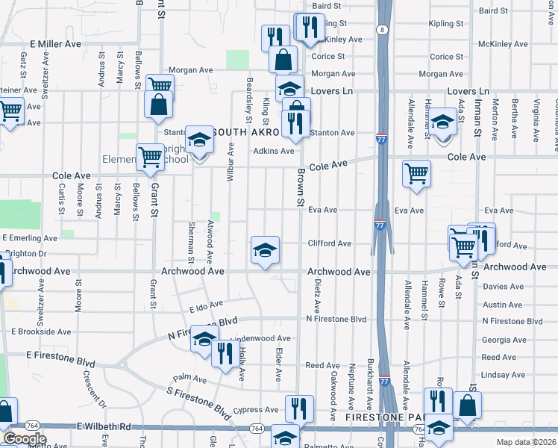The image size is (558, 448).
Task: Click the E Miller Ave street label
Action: tap(55, 44)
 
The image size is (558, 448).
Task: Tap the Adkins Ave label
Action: tap(274, 151)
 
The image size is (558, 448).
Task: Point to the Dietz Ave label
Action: tap(317, 296)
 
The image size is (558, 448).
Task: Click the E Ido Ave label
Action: tap(207, 306)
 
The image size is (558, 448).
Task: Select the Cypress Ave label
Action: tap(255, 410)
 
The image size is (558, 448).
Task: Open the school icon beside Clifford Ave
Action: tap(265, 251)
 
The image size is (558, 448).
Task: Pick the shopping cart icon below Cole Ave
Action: tap(416, 173)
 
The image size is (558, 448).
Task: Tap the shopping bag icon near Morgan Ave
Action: tap(283, 58)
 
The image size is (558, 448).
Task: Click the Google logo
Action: tap(25, 439)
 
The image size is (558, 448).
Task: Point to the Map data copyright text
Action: tap(527, 442)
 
